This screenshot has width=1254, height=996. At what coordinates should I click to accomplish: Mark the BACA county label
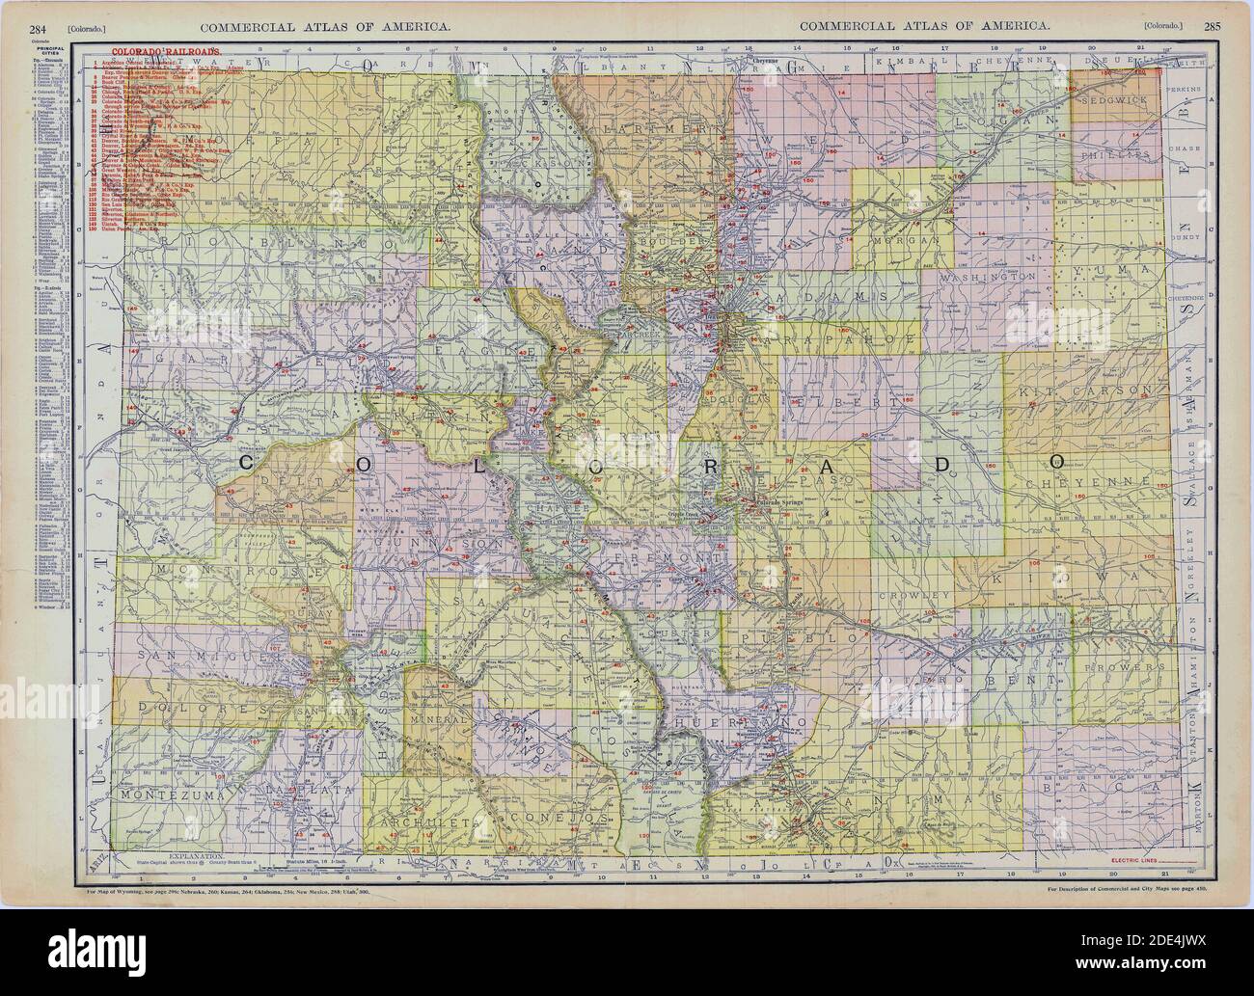[1106, 788]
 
